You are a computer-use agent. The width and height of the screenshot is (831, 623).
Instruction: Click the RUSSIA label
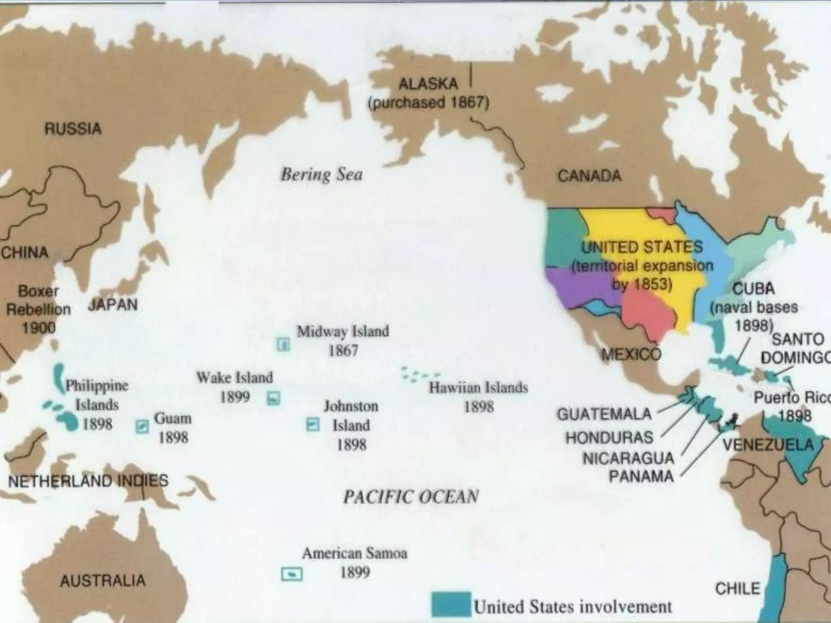73,129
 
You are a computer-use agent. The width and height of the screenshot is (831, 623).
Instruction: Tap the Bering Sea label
322,175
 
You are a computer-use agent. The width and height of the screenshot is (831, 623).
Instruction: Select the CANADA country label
589,176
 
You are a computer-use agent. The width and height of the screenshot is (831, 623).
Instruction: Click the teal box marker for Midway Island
283,345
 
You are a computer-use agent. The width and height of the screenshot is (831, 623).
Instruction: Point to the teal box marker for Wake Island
273,398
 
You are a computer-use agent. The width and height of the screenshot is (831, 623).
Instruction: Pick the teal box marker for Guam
142,426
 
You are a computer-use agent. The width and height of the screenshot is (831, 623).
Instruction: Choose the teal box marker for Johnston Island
312,425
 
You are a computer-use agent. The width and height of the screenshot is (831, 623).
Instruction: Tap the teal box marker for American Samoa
292,574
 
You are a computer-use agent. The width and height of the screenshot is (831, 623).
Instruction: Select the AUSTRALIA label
103,580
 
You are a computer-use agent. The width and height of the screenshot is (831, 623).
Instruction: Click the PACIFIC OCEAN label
411,497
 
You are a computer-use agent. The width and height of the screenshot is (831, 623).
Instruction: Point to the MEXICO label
631,355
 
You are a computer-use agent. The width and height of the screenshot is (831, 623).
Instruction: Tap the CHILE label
737,589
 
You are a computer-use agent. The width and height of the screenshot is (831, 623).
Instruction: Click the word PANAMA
641,476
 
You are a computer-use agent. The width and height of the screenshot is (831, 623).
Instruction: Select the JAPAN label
113,305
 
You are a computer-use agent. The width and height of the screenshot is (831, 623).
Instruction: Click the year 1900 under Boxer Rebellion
39,327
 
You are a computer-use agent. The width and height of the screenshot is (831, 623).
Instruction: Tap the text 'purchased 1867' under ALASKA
428,103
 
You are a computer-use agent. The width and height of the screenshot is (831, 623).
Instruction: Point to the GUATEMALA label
604,414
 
